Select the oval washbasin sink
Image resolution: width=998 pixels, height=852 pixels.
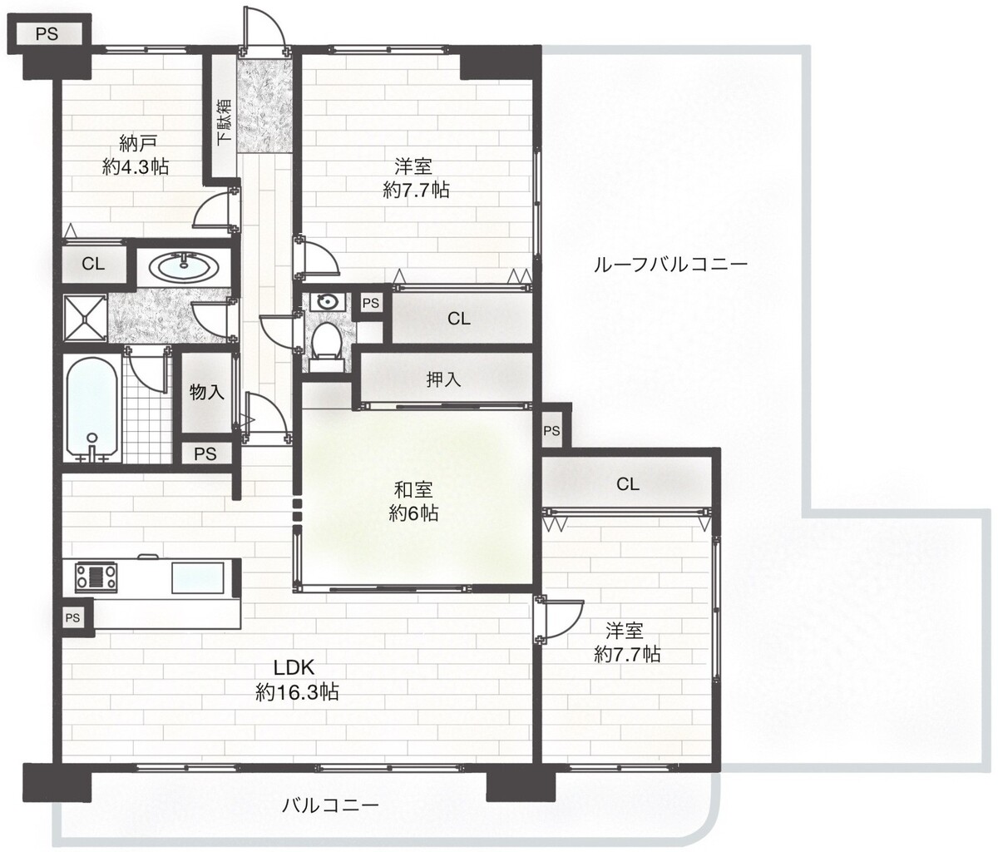click(x=184, y=266)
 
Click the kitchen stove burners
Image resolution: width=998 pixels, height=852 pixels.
click(x=96, y=577)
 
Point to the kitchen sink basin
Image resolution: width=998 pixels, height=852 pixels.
click(x=198, y=577)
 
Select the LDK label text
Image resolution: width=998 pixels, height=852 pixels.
click(x=294, y=667)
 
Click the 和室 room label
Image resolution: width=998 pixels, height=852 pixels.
click(x=413, y=490)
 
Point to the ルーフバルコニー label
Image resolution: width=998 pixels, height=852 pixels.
click(x=670, y=265)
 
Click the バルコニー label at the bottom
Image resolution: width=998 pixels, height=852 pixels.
click(x=330, y=805)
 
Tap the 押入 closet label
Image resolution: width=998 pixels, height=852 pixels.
click(x=444, y=380)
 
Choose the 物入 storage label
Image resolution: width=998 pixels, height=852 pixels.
click(x=206, y=392)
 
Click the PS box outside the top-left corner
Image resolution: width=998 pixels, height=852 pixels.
click(x=47, y=34)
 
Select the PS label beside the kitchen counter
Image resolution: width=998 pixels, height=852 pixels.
click(x=73, y=617)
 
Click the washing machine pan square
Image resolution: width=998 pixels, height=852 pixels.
click(x=85, y=317)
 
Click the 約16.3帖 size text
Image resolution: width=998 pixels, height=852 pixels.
click(x=297, y=692)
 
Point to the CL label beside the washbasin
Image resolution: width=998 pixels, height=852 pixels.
click(x=93, y=264)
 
